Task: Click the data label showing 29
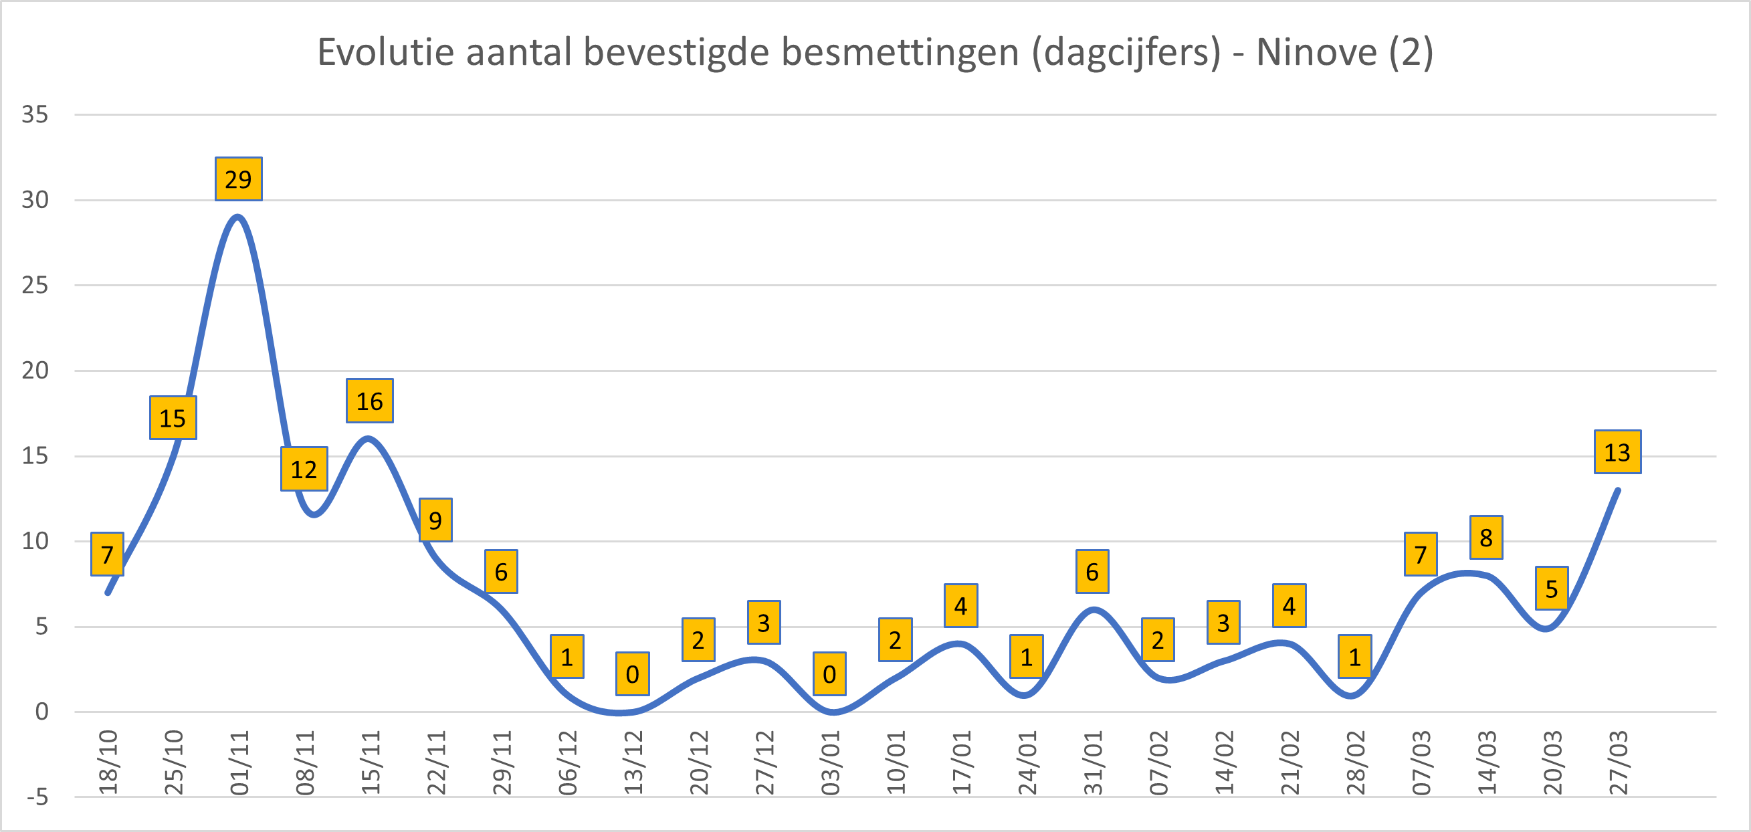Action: [238, 179]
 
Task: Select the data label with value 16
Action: [370, 401]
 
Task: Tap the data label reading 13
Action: [1617, 452]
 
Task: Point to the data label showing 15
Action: [173, 418]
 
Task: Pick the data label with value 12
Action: [304, 469]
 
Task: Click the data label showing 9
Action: [435, 520]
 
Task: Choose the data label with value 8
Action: [1486, 538]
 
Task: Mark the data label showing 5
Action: [1551, 589]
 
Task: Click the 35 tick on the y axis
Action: [35, 114]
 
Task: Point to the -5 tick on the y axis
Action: [37, 797]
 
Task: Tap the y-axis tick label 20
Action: [35, 371]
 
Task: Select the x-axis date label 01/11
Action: [239, 762]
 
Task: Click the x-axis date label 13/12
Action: [633, 762]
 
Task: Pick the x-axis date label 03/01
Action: [831, 762]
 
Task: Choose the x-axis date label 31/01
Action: [1093, 762]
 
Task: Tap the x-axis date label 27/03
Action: [1619, 762]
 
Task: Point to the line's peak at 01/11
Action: [237, 217]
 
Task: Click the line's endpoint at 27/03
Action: [1618, 490]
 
